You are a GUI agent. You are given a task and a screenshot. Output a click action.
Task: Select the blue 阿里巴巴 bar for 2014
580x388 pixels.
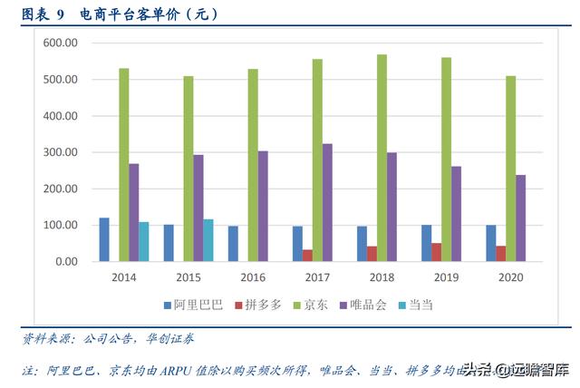pos(104,239)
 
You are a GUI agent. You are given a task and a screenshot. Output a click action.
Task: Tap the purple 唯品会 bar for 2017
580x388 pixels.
pos(327,202)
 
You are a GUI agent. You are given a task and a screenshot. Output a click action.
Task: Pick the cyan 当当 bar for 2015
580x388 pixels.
pos(208,240)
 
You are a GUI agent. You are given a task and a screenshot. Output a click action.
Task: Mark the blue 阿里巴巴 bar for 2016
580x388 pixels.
pos(233,244)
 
